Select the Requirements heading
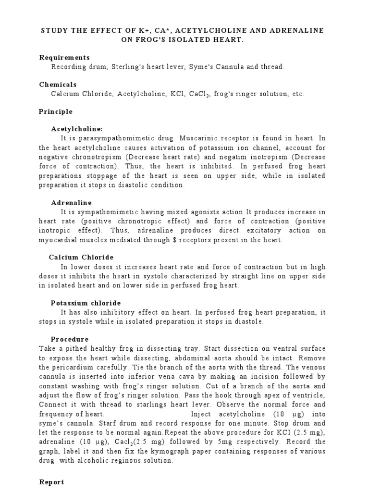tap(64, 58)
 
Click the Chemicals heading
tap(58, 85)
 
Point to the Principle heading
tap(56, 111)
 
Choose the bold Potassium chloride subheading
tap(86, 303)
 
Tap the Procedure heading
tap(70, 339)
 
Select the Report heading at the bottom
tap(51, 481)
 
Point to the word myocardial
tap(59, 239)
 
